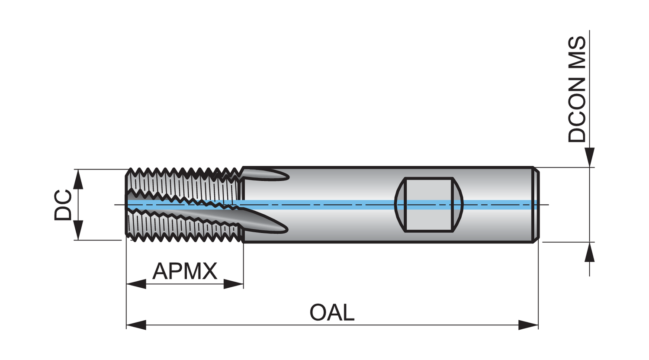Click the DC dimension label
[63, 205]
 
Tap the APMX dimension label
[185, 271]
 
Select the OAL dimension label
[332, 312]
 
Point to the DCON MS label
[577, 90]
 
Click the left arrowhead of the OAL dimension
[136, 325]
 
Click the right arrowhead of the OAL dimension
[528, 325]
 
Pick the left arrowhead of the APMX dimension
[136, 284]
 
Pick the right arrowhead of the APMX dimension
[234, 284]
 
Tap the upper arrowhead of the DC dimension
[78, 179]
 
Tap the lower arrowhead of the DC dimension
[78, 230]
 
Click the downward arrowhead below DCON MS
[589, 157]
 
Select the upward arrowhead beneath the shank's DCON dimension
[589, 252]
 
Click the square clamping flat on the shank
[429, 205]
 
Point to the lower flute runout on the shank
[265, 221]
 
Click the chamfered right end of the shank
[536, 205]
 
